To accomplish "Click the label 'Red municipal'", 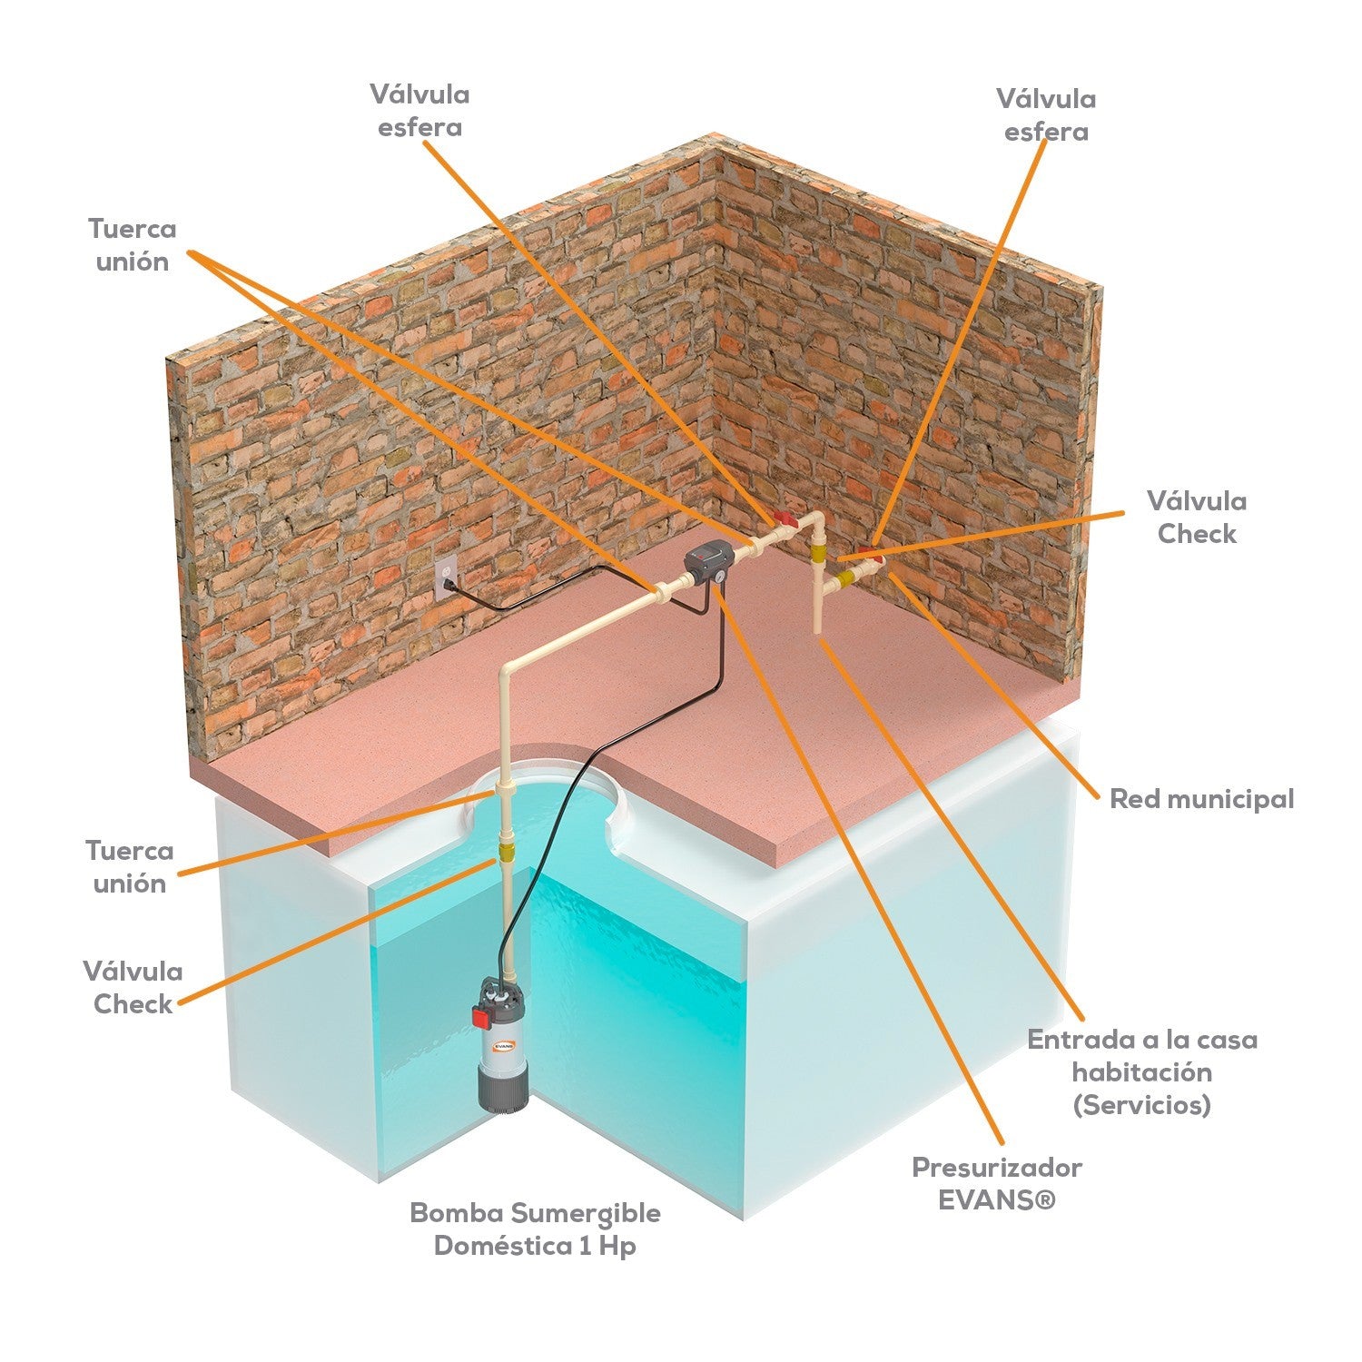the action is point(1201,799).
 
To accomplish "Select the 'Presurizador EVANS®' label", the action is point(997,1183).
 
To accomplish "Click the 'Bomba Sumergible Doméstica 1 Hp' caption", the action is point(535,1229).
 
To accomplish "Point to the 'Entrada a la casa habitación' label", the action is point(1142,1055).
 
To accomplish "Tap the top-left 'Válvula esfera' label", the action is point(419,110).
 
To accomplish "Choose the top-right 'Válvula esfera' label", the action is point(1046,114).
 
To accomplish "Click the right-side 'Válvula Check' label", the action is point(1197,517).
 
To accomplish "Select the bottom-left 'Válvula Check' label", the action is point(133,987).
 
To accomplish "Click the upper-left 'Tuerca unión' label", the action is point(133,244).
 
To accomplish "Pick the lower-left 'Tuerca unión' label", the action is point(130,867).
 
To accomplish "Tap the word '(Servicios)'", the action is point(1142,1105).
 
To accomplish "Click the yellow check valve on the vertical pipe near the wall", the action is point(819,554).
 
